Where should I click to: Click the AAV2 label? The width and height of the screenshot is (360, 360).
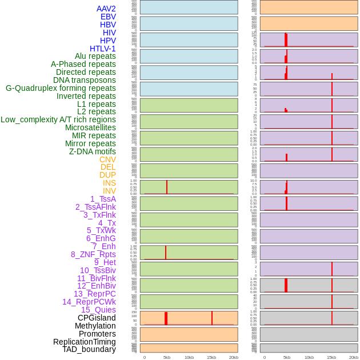click(106, 9)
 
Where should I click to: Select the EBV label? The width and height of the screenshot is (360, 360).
click(108, 17)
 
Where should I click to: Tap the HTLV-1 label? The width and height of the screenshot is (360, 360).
click(103, 49)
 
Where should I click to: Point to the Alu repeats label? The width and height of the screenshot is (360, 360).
click(95, 56)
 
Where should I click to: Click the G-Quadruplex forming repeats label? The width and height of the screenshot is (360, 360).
click(61, 88)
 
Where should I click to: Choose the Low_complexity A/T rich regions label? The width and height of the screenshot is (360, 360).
click(58, 119)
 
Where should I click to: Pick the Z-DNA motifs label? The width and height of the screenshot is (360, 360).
click(93, 151)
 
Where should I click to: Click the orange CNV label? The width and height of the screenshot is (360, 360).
click(107, 159)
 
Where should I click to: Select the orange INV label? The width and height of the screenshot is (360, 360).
click(109, 191)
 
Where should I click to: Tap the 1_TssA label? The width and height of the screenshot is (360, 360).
click(103, 199)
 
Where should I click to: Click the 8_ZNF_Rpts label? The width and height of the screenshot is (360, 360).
click(93, 254)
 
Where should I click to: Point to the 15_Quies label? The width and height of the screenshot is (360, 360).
click(98, 310)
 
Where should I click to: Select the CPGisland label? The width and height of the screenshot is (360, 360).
click(97, 318)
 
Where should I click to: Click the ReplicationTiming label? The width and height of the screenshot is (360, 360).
click(85, 342)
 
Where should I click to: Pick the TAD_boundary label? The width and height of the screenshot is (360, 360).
click(89, 349)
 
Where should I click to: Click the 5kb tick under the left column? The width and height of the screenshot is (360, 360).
click(167, 357)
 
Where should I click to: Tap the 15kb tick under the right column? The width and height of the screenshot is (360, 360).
click(331, 357)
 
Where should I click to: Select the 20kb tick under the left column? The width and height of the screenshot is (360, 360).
click(234, 357)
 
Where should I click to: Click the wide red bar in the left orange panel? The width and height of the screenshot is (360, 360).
click(166, 318)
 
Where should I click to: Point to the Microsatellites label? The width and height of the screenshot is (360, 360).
click(90, 127)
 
